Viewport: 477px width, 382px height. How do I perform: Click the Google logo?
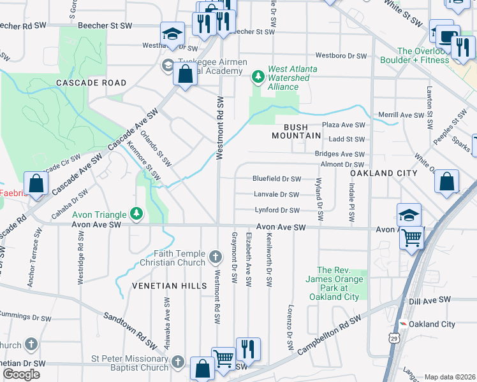pyautogui.click(x=21, y=374)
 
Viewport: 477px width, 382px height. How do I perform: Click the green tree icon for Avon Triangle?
pyautogui.click(x=135, y=212)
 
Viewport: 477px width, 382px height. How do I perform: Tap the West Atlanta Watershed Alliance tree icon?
pyautogui.click(x=258, y=77)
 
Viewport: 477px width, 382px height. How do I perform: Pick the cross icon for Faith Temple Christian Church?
pyautogui.click(x=216, y=258)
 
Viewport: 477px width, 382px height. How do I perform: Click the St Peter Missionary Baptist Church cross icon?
pyautogui.click(x=179, y=362)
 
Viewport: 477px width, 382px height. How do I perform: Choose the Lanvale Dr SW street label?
pyautogui.click(x=276, y=195)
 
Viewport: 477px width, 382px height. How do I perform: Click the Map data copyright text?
pyautogui.click(x=450, y=377)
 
